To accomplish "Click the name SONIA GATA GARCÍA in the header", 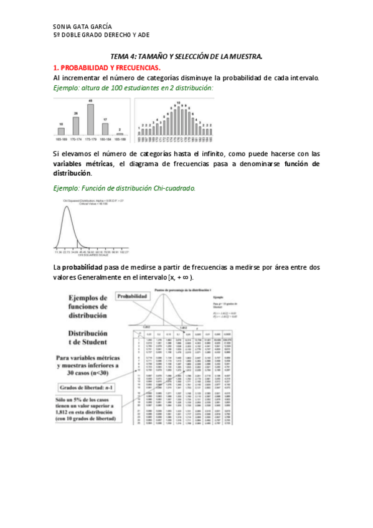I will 83,27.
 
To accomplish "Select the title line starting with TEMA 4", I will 186,57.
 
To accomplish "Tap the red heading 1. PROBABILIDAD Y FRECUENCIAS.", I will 106,67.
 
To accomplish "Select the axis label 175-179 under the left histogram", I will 90,140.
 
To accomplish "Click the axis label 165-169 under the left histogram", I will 61,140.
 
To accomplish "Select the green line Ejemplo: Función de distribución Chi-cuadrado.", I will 124,187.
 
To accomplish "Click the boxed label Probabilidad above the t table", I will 133,297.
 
